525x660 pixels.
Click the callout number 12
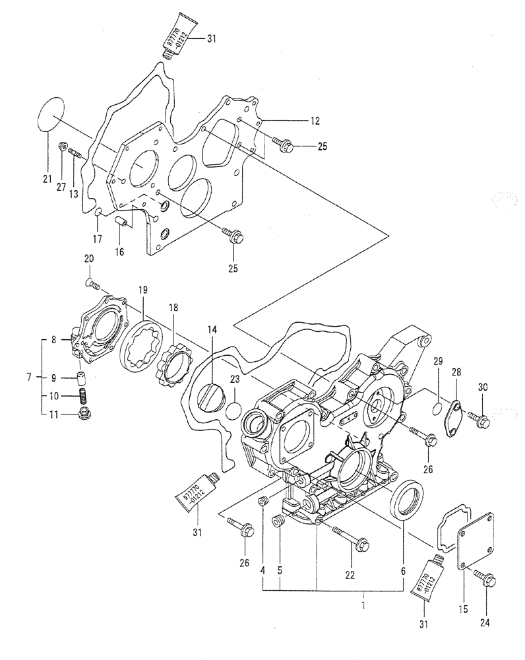tap(315, 121)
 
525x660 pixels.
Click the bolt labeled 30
tap(478, 418)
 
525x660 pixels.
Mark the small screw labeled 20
tap(93, 284)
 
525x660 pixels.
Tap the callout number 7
tap(28, 378)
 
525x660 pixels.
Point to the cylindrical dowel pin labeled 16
tap(123, 221)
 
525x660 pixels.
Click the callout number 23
tap(235, 379)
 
